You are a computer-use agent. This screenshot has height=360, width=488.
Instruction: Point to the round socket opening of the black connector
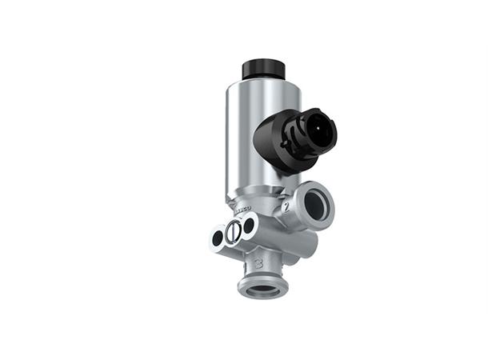coord(318,130)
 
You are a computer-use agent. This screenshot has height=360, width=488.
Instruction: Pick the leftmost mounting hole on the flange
coord(217,238)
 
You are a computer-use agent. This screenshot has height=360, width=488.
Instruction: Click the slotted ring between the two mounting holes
coord(233,232)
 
